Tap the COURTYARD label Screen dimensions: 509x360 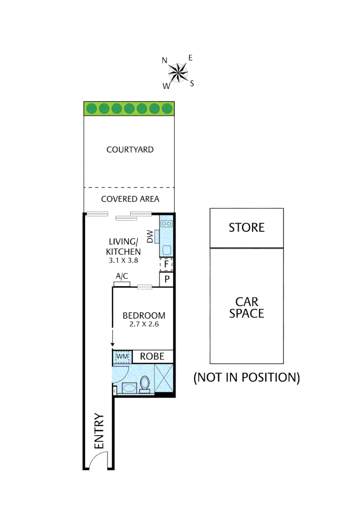click(x=130, y=150)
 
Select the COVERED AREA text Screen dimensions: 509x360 click(x=130, y=199)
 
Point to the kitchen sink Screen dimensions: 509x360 click(x=166, y=224)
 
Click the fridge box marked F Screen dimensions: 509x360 click(x=166, y=265)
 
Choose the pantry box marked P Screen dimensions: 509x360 click(x=167, y=280)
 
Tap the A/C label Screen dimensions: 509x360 click(x=122, y=277)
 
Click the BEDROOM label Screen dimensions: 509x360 click(x=144, y=315)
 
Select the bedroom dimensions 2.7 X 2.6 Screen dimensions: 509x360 click(x=144, y=325)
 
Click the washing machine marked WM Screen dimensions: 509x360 click(x=122, y=357)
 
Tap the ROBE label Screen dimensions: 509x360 click(x=152, y=356)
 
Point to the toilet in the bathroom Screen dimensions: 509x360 click(x=145, y=384)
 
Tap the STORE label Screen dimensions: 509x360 click(x=246, y=228)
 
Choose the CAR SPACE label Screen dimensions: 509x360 click(x=246, y=307)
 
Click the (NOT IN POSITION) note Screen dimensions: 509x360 click(x=246, y=378)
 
